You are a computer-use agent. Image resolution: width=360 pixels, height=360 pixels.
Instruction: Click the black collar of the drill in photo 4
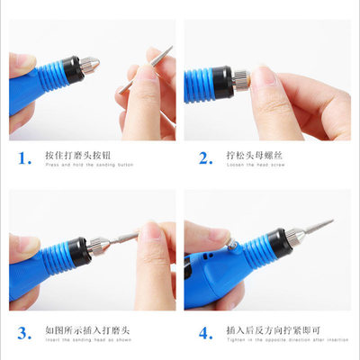point(274,241)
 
